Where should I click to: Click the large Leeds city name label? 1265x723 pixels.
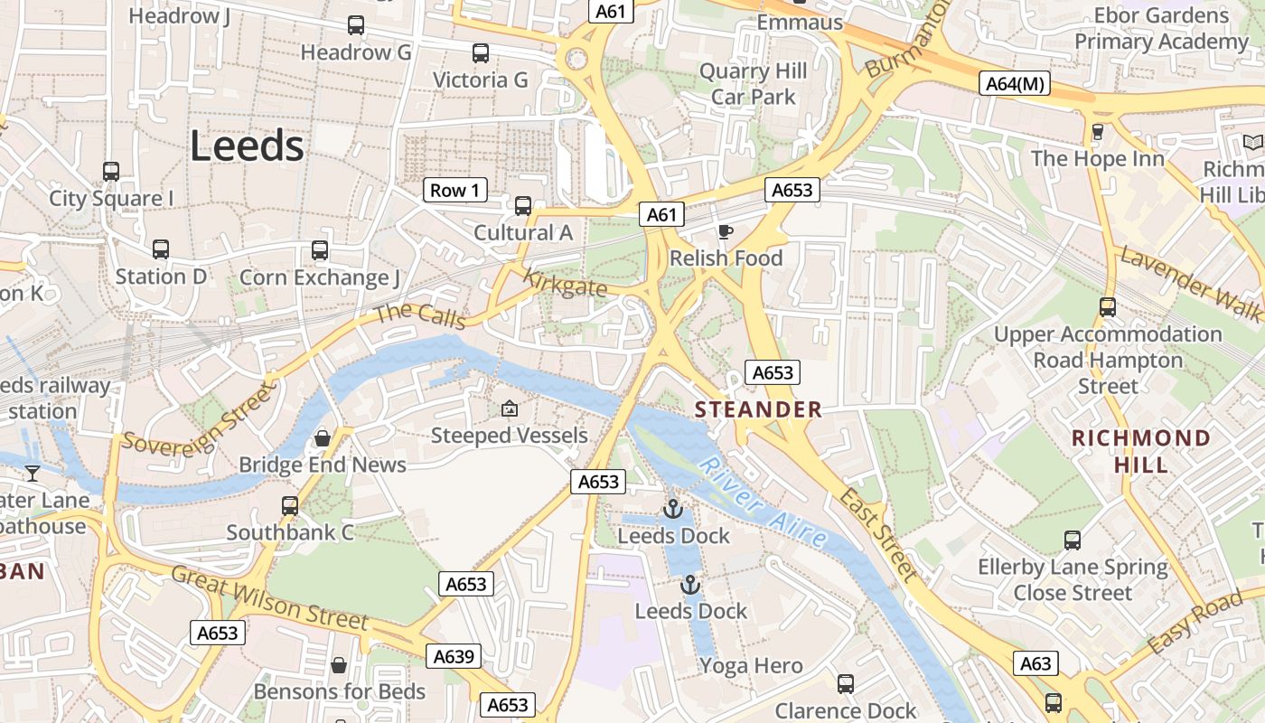pyautogui.click(x=247, y=146)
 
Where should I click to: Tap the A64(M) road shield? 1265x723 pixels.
pyautogui.click(x=1015, y=84)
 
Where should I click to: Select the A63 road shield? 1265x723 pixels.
pyautogui.click(x=1035, y=663)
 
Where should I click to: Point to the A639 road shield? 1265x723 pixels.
pyautogui.click(x=454, y=656)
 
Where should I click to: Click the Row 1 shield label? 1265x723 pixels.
pyautogui.click(x=454, y=190)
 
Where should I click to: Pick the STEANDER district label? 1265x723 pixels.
pyautogui.click(x=758, y=409)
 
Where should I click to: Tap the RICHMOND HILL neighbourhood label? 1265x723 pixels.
pyautogui.click(x=1141, y=451)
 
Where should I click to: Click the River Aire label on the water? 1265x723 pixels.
pyautogui.click(x=764, y=505)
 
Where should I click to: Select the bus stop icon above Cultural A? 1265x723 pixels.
pyautogui.click(x=523, y=206)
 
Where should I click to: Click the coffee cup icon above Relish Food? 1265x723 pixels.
pyautogui.click(x=725, y=232)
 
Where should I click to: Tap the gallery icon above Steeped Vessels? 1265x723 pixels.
pyautogui.click(x=510, y=408)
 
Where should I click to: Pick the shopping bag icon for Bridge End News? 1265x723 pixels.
pyautogui.click(x=323, y=438)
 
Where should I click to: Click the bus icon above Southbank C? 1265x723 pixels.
pyautogui.click(x=290, y=506)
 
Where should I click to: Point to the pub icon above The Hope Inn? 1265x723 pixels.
pyautogui.click(x=1098, y=132)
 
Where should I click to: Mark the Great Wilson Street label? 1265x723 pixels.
pyautogui.click(x=269, y=598)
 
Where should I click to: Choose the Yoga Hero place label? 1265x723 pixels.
pyautogui.click(x=751, y=666)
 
